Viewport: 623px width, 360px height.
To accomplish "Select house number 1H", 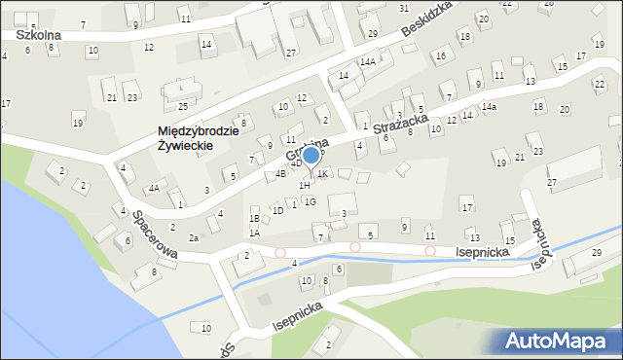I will [x=305, y=185].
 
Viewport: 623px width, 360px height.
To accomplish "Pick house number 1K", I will [x=323, y=173].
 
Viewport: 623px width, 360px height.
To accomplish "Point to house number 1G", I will [x=310, y=201].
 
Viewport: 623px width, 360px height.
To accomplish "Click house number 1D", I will [x=277, y=210].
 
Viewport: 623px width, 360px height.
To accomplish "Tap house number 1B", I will [x=254, y=220].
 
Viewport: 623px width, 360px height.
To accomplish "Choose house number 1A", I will [x=254, y=233].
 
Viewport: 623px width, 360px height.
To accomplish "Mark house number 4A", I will [x=154, y=188].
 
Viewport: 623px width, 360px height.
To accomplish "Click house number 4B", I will [x=280, y=174].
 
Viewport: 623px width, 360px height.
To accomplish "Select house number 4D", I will [x=296, y=163].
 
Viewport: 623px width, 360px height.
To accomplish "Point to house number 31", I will [x=404, y=8].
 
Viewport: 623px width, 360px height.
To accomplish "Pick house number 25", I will [x=182, y=106].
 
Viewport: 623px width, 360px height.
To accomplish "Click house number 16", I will [x=441, y=55].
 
